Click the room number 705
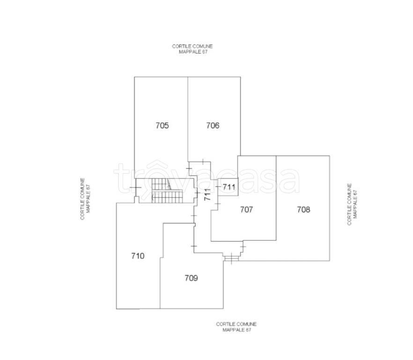pos(162,125)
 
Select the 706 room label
pos(213,125)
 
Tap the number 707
pos(246,210)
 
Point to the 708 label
pos(303,210)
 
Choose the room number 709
pos(191,278)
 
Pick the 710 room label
pos(138,256)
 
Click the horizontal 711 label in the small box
pos(229,187)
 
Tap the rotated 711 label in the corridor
pos(207,195)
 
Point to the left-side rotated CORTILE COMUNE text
pos(82,199)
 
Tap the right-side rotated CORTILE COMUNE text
pos(349,204)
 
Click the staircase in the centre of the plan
pos(167,190)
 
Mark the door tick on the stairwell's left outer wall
pos(135,187)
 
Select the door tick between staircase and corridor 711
pos(197,193)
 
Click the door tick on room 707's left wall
pos(218,204)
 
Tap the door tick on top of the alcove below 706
pos(203,162)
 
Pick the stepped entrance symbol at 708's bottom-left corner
pos(231,258)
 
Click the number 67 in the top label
pos(205,52)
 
